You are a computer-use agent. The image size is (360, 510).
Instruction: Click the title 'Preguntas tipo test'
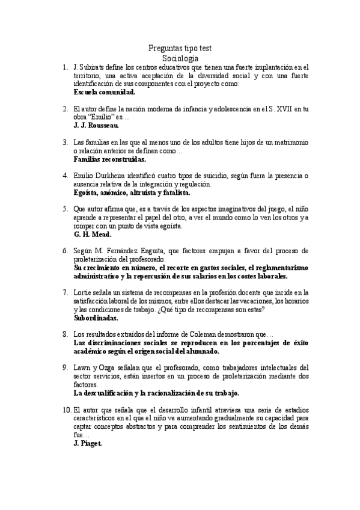(180, 49)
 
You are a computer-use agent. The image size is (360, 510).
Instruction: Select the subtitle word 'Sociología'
(180, 58)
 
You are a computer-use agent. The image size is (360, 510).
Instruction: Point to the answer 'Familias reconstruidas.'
(110, 159)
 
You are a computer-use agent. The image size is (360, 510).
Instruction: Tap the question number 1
(64, 67)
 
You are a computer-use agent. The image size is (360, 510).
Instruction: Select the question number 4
(64, 176)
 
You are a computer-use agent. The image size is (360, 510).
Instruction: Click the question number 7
(64, 292)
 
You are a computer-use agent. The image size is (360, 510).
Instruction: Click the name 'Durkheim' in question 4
(114, 176)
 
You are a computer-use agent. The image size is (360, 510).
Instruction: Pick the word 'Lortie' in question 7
(83, 292)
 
